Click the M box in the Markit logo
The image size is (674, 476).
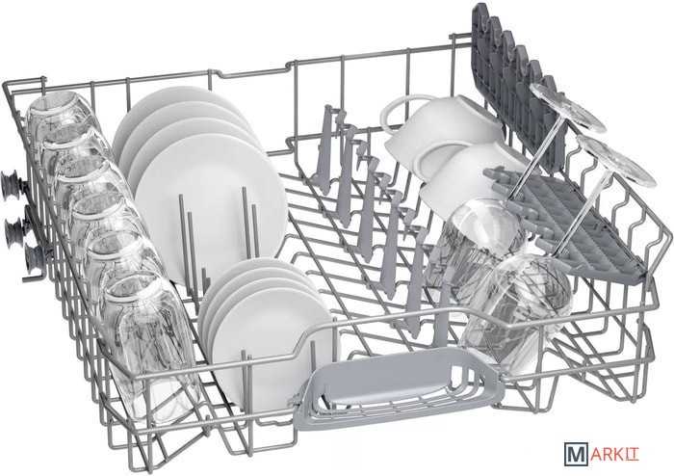click(x=576, y=455)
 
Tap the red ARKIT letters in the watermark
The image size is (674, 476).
click(x=614, y=455)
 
